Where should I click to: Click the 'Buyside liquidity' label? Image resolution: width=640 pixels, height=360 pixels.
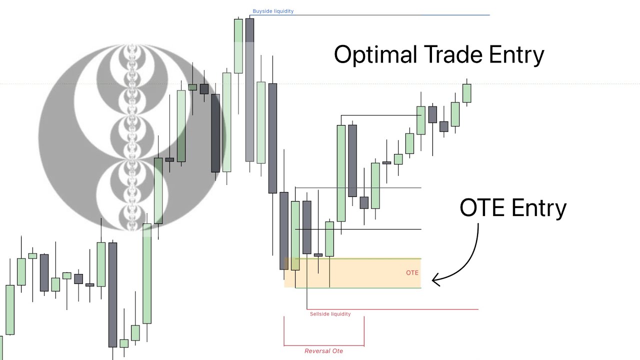(x=273, y=11)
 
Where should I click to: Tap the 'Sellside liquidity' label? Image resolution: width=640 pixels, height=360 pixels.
(x=330, y=314)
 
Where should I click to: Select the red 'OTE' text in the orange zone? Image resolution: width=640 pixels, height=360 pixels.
(x=412, y=272)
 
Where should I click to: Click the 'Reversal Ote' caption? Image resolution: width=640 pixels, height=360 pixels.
(x=323, y=351)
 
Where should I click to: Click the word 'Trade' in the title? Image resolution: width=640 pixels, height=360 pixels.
(x=453, y=54)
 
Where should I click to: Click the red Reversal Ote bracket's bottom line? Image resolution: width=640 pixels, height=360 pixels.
(x=323, y=345)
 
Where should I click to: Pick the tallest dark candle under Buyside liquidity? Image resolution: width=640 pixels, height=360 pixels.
(x=249, y=90)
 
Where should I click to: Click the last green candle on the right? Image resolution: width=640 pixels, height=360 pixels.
(x=466, y=93)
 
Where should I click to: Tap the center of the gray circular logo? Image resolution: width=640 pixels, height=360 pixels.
(x=132, y=137)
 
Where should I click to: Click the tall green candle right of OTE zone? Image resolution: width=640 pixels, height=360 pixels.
(x=341, y=172)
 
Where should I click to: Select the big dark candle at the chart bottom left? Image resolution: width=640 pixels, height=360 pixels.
(x=112, y=295)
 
